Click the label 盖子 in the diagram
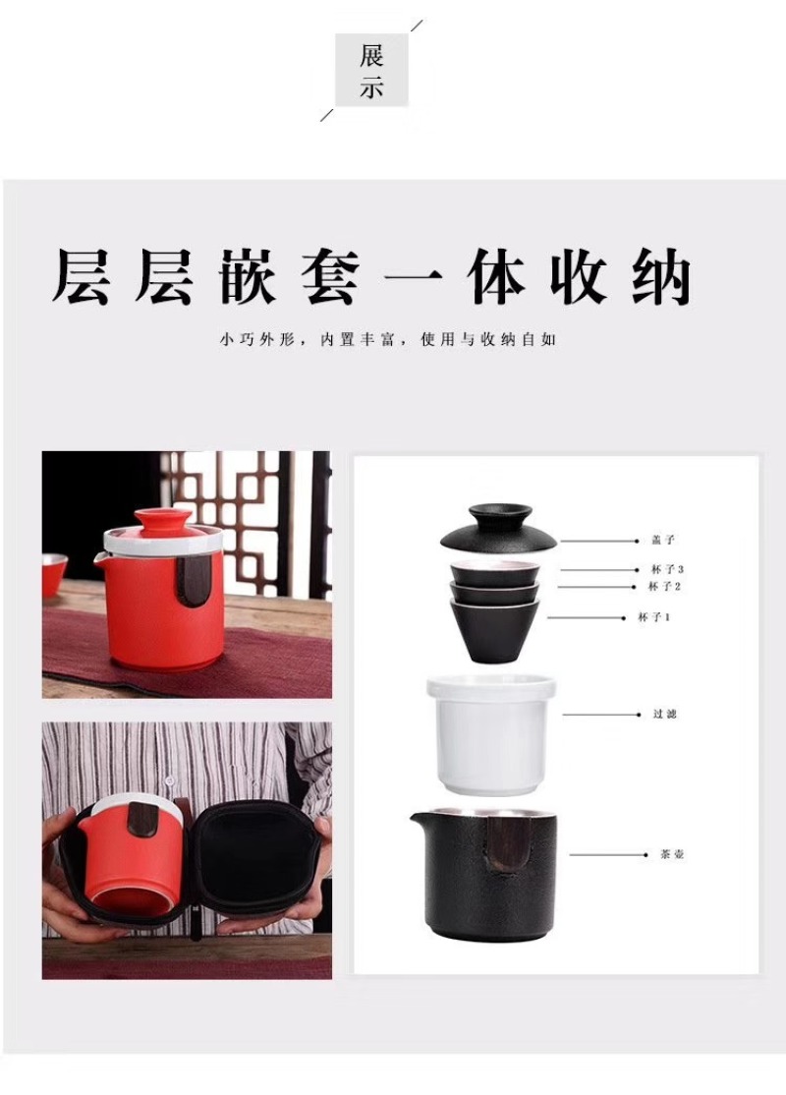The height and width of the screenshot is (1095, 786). click(x=663, y=540)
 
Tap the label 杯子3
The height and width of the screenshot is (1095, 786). click(x=667, y=570)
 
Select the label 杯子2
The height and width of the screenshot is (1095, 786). click(x=664, y=587)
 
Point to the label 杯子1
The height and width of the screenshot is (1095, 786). click(x=654, y=617)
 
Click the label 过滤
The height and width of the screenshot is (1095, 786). click(x=664, y=714)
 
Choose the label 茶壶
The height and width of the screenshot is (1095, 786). click(x=671, y=854)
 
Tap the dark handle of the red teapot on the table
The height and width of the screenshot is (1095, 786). click(x=189, y=580)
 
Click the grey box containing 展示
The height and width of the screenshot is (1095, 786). click(x=371, y=70)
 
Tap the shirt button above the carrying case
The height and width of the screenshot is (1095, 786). click(x=169, y=780)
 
